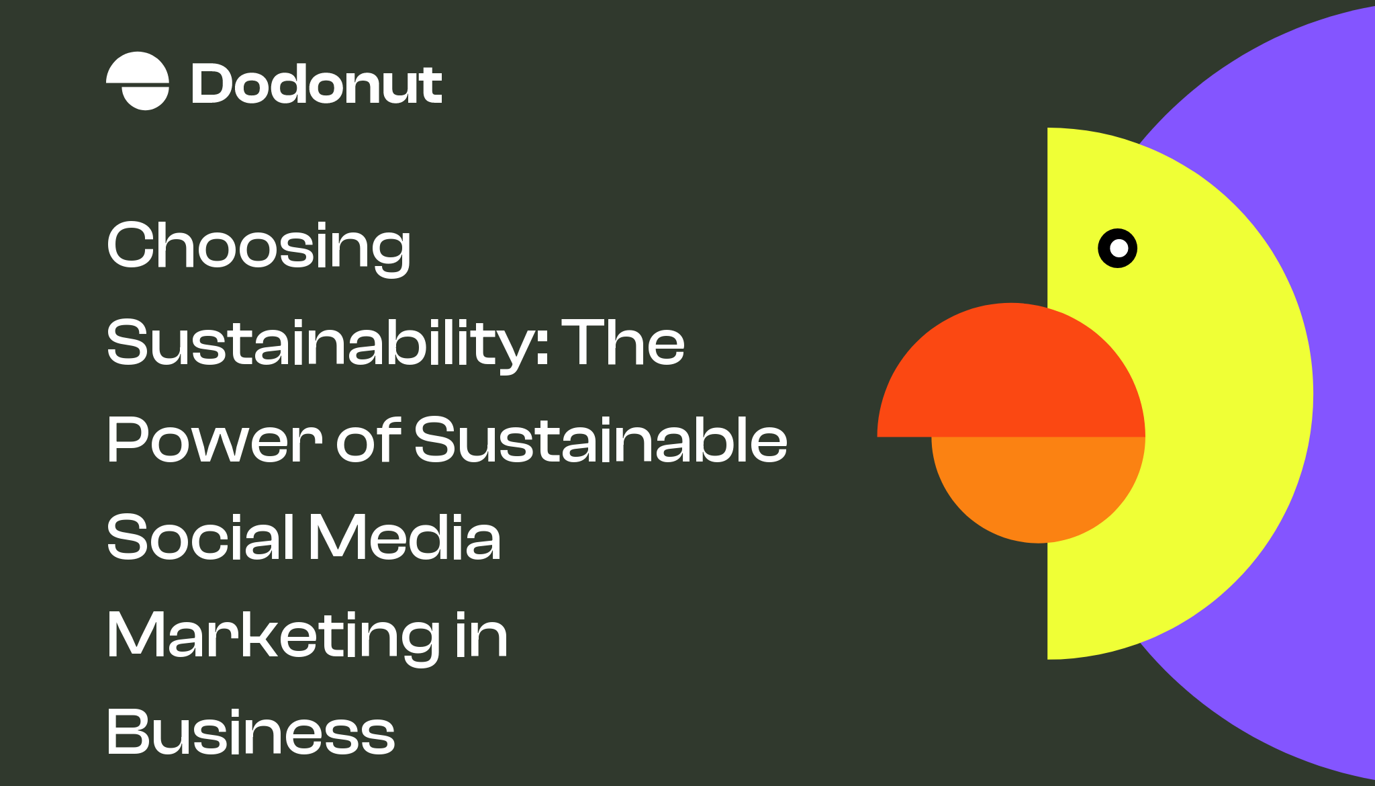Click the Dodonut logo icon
click(x=138, y=81)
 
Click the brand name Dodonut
click(x=316, y=85)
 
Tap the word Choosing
click(x=258, y=246)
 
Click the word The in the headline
click(x=622, y=343)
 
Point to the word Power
click(x=214, y=440)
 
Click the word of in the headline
click(x=368, y=440)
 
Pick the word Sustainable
click(x=600, y=440)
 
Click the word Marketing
click(x=273, y=635)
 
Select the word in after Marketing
click(x=481, y=635)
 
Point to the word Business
click(x=250, y=732)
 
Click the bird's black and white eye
click(x=1117, y=249)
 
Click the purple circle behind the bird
click(x=1336, y=202)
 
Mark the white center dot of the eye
click(x=1119, y=249)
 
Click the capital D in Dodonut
click(x=211, y=85)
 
